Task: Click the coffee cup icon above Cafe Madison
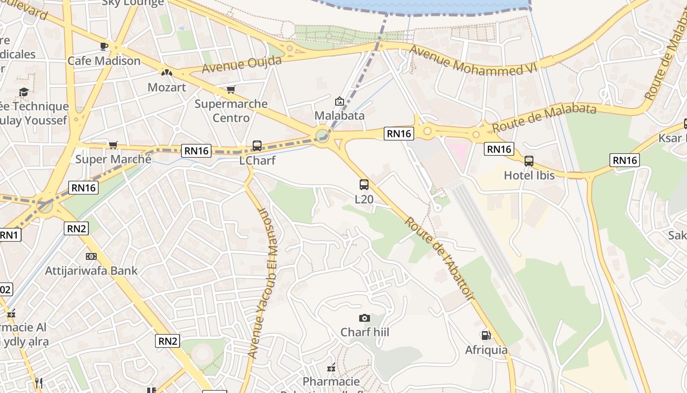104,46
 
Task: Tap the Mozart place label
167,87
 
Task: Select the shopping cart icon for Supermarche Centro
231,89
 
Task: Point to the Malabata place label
339,115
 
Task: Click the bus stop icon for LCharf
257,146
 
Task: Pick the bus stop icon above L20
364,185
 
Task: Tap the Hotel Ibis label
529,175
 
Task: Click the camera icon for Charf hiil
364,318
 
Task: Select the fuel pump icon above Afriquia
486,336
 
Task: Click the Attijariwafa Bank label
91,271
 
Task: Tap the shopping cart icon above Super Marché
113,145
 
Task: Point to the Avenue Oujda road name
242,64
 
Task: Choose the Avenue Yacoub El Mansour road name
263,282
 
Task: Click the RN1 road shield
8,235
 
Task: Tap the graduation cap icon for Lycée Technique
23,92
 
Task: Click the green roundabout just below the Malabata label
322,135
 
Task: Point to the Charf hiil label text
365,333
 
